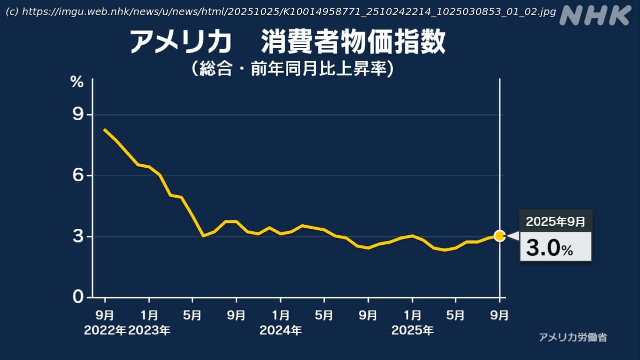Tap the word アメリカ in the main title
(181, 42)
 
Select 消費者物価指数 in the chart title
(353, 42)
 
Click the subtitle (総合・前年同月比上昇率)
(292, 69)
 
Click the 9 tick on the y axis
(78, 115)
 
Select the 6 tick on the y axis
(78, 176)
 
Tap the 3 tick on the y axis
(78, 236)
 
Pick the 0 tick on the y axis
(78, 297)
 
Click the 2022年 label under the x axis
(105, 331)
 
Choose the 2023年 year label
(149, 331)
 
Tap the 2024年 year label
(281, 331)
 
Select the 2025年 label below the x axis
(412, 331)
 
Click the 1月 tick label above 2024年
(281, 315)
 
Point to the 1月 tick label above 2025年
(412, 315)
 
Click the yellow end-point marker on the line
(499, 236)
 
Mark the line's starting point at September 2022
(105, 129)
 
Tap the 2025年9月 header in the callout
(555, 221)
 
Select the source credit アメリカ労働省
(573, 337)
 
